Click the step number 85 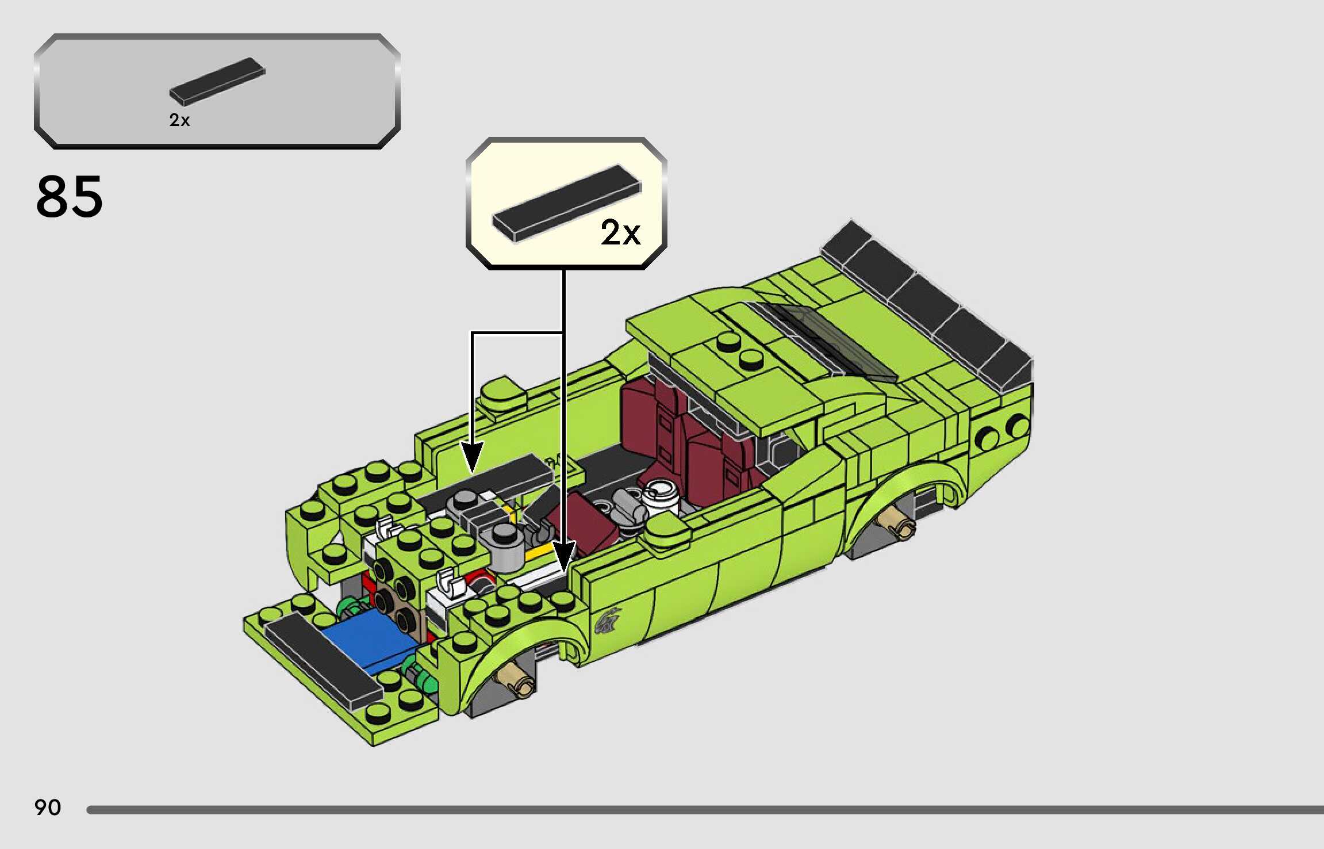pos(70,197)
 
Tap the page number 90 pos(48,808)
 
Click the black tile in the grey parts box pos(217,81)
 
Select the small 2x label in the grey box pos(179,120)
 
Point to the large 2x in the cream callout pos(620,233)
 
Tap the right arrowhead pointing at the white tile pos(563,556)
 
